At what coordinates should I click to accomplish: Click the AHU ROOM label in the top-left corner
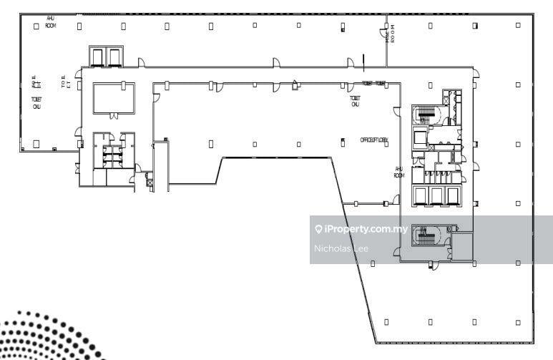pos(51,21)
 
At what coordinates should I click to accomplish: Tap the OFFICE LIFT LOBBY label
pos(373,140)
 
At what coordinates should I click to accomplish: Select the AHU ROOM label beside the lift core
pos(399,172)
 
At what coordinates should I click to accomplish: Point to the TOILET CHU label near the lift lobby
pos(354,101)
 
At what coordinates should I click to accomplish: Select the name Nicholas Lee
pos(341,248)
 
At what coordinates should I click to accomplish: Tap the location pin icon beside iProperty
pos(318,229)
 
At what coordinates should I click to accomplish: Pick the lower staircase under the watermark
pos(427,234)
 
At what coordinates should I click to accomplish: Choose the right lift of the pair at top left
pos(114,57)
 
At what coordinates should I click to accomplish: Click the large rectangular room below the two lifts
pos(113,97)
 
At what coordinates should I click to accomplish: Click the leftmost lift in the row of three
pos(419,195)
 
